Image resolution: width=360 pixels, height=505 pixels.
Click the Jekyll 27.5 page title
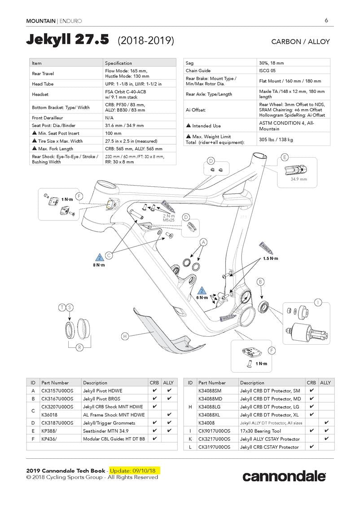[67, 40]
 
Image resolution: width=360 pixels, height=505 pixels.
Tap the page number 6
[326, 20]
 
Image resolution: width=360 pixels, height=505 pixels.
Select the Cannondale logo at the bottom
[284, 476]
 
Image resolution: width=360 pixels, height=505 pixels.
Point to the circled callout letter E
[284, 157]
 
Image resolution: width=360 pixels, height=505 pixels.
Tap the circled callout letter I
[318, 302]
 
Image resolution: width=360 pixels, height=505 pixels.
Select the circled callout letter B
[260, 281]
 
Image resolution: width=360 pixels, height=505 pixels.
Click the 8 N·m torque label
[99, 265]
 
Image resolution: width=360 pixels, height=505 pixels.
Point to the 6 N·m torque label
[202, 298]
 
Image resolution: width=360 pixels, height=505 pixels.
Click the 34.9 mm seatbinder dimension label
[299, 179]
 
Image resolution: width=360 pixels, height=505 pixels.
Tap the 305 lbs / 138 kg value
[276, 140]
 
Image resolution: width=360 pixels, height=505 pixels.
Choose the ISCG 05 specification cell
[269, 70]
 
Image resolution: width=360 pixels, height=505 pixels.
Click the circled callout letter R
[79, 347]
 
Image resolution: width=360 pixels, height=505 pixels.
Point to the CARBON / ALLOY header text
[300, 42]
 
